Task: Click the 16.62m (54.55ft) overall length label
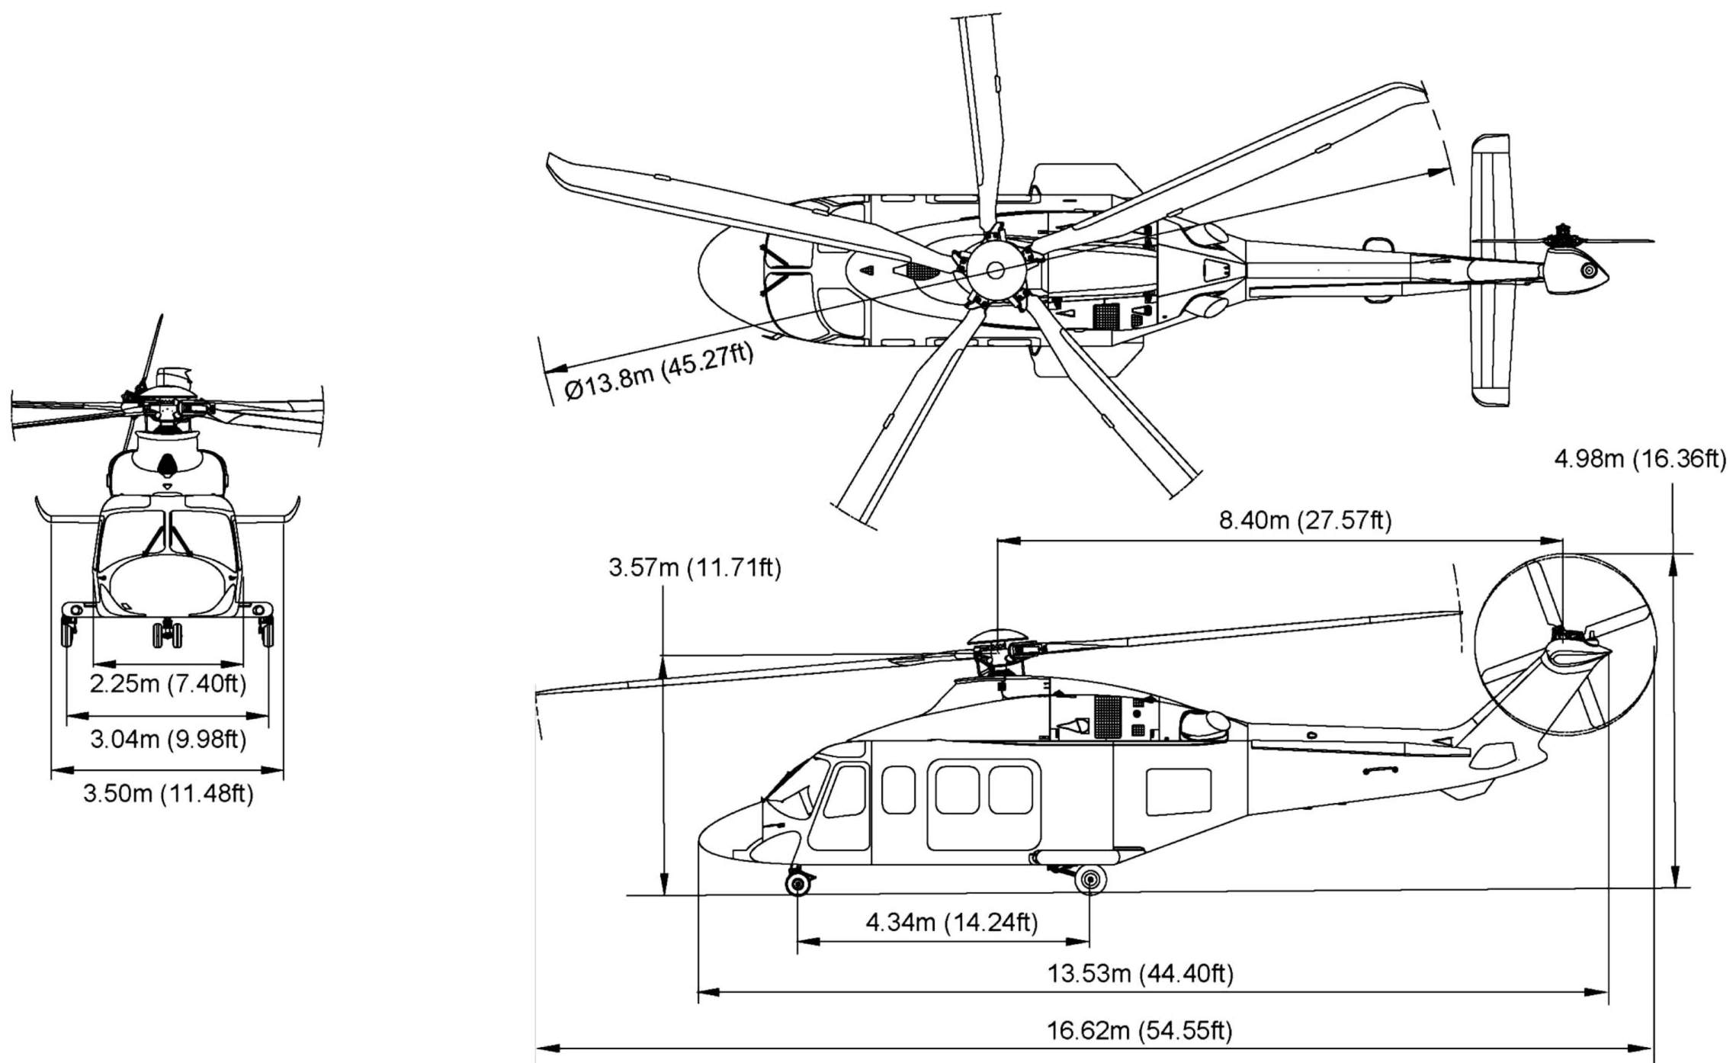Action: click(x=1139, y=1031)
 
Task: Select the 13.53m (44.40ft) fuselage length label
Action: click(x=1140, y=974)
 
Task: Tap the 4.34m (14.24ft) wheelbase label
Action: click(x=951, y=923)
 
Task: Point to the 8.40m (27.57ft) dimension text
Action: click(x=1305, y=521)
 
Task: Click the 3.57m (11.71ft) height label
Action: click(x=695, y=568)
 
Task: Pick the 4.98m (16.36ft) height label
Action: click(x=1640, y=460)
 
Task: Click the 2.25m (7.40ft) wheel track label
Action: click(x=168, y=683)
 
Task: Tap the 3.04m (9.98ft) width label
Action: click(x=168, y=739)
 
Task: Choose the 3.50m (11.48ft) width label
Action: click(x=168, y=794)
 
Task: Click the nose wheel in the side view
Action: click(x=797, y=884)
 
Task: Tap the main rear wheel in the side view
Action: click(x=1090, y=880)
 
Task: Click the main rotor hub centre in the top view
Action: click(x=995, y=270)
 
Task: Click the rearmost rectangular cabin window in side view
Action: click(x=1178, y=792)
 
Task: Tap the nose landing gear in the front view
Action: click(x=167, y=634)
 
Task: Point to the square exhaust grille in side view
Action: click(x=1110, y=717)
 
